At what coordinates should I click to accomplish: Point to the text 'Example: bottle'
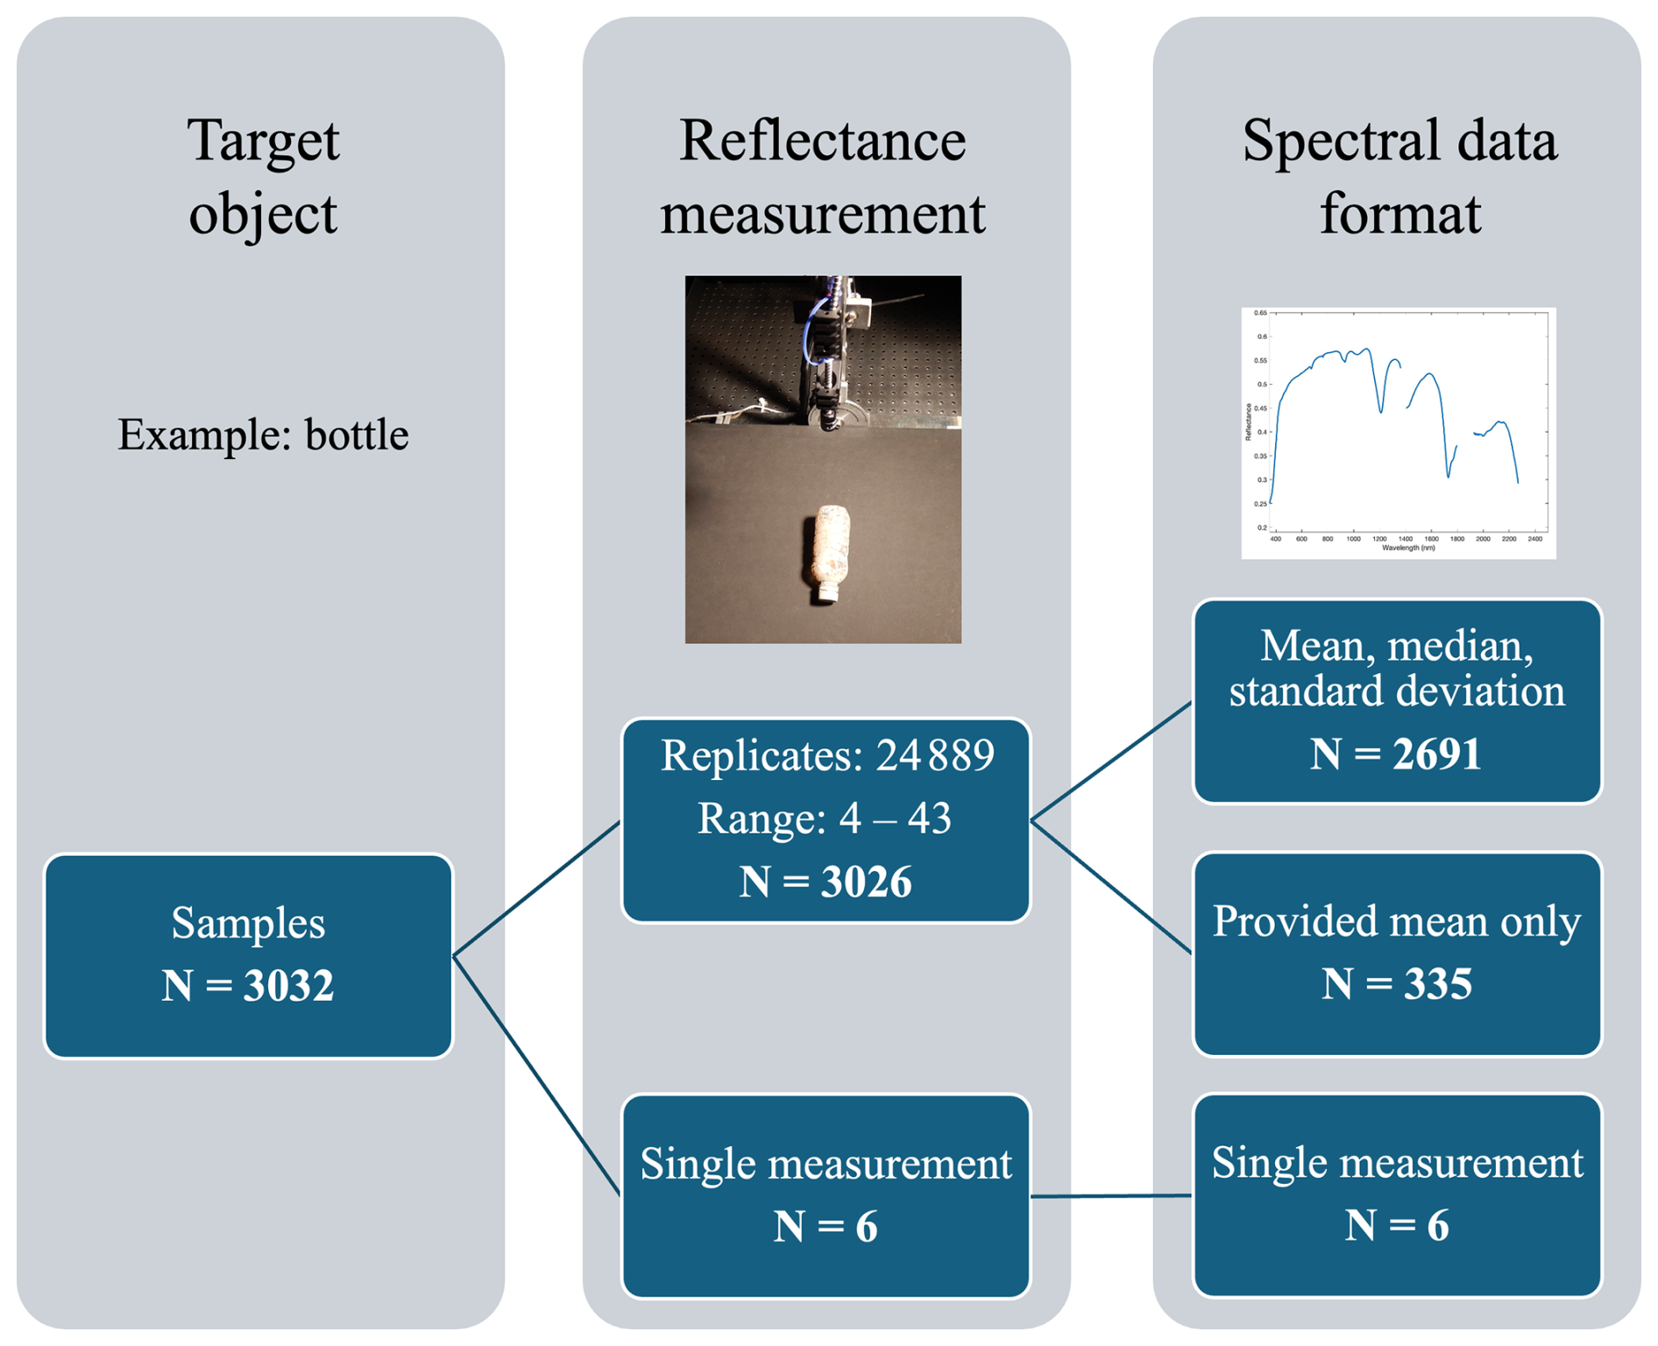[x=263, y=435]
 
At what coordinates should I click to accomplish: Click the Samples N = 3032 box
[x=248, y=955]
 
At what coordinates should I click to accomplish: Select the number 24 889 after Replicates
[x=935, y=754]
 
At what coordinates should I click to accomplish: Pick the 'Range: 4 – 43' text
[x=824, y=818]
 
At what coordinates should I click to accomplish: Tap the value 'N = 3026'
[x=825, y=882]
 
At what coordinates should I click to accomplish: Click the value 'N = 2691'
[x=1396, y=754]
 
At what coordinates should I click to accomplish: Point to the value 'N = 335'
[x=1396, y=983]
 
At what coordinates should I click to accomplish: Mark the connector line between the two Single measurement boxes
[x=1111, y=1195]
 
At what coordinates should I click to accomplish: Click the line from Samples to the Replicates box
[x=536, y=889]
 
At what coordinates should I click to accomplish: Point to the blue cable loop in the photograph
[x=819, y=329]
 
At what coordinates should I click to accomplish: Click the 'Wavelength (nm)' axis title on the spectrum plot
[x=1408, y=548]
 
